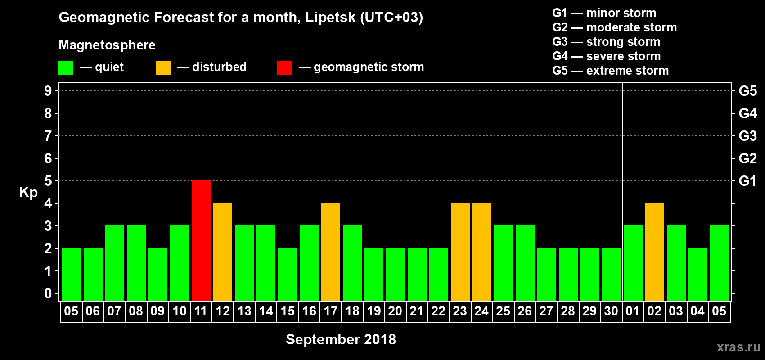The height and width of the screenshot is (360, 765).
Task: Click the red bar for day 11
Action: [x=201, y=240]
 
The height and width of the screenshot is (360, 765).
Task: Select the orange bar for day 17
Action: [x=331, y=252]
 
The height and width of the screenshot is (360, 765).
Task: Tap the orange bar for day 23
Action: [x=460, y=252]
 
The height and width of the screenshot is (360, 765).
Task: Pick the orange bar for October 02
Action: [x=655, y=252]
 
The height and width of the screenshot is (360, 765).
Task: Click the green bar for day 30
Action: [x=612, y=274]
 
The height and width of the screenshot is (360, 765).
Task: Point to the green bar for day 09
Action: [x=158, y=274]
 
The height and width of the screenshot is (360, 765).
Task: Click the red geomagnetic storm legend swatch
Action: [x=284, y=68]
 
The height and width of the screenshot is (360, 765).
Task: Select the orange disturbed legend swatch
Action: [x=163, y=68]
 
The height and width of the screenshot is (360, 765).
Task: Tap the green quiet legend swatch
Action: [x=66, y=68]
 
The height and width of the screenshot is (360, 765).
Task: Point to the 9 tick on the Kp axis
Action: [x=48, y=91]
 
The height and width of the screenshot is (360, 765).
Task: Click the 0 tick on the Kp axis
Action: [x=48, y=293]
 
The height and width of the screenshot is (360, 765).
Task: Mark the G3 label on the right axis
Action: [x=747, y=136]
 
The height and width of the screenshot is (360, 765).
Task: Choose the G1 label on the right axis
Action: [x=747, y=181]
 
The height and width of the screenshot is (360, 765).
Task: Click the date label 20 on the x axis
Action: [x=395, y=311]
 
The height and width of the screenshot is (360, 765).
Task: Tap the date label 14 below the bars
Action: [x=265, y=311]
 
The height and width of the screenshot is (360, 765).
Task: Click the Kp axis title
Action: [x=28, y=192]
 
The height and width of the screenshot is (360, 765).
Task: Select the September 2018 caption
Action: [x=341, y=339]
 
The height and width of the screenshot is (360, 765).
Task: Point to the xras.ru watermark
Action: [x=738, y=347]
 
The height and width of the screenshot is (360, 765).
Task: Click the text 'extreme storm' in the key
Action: [x=627, y=71]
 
